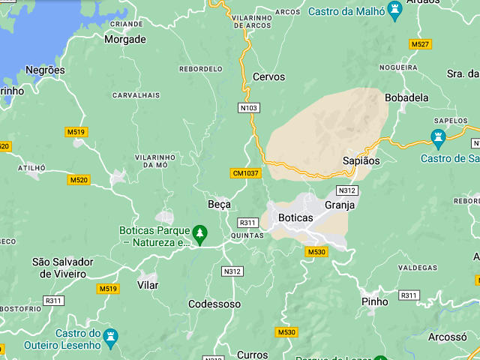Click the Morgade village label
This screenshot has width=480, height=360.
(x=124, y=39)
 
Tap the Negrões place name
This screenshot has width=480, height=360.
(x=45, y=70)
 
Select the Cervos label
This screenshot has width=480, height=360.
(x=268, y=76)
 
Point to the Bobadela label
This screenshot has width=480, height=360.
(x=406, y=97)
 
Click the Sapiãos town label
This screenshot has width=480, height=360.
(x=361, y=160)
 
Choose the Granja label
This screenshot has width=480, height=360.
(x=340, y=204)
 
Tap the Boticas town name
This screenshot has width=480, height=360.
(x=295, y=217)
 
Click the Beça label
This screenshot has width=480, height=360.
(x=219, y=204)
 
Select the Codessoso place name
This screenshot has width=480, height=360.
(x=214, y=304)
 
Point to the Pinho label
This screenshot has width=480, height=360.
(x=375, y=301)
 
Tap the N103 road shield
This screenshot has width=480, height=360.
(x=249, y=108)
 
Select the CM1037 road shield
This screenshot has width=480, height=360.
(x=245, y=173)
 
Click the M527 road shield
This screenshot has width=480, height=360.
(x=420, y=44)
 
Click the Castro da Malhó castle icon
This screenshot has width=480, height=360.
(x=394, y=9)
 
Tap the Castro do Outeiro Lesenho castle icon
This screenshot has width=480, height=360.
(x=111, y=335)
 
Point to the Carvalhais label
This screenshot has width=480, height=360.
(x=136, y=95)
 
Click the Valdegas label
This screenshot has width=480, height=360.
(x=417, y=268)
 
